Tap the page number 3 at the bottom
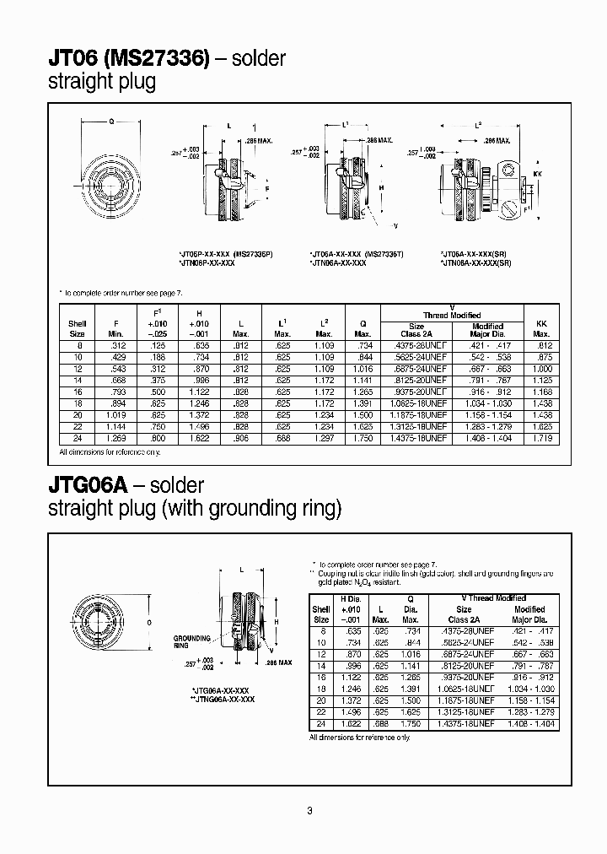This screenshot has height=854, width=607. click(310, 811)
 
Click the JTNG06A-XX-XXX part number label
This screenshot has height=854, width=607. click(223, 699)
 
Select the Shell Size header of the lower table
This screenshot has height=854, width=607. click(321, 613)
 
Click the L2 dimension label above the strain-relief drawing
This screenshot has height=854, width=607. click(479, 126)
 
